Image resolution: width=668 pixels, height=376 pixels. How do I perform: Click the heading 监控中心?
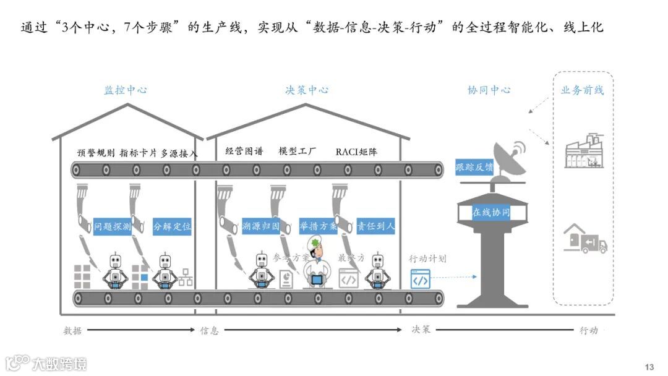coord(126,90)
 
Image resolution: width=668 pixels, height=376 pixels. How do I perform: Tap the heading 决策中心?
coord(307,90)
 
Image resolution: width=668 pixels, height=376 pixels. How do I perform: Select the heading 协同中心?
coord(489,90)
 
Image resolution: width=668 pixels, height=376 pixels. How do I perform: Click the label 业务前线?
coord(582,90)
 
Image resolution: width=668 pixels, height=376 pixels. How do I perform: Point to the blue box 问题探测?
coord(113,227)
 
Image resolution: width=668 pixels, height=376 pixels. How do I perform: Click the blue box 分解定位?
coord(172,227)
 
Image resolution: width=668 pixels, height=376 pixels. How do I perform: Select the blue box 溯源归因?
coord(261,227)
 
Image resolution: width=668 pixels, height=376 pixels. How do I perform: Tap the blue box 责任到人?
coord(375,227)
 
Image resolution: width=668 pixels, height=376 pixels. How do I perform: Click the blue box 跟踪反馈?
coord(474,167)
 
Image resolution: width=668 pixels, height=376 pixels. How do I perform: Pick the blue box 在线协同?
coord(491,212)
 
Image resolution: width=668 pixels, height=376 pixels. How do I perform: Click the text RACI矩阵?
coord(356,152)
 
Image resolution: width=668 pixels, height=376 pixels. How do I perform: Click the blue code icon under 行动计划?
coord(420,280)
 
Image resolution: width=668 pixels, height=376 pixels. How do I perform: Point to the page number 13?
coord(649,367)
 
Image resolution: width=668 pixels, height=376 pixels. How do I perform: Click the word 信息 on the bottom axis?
coord(209,330)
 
